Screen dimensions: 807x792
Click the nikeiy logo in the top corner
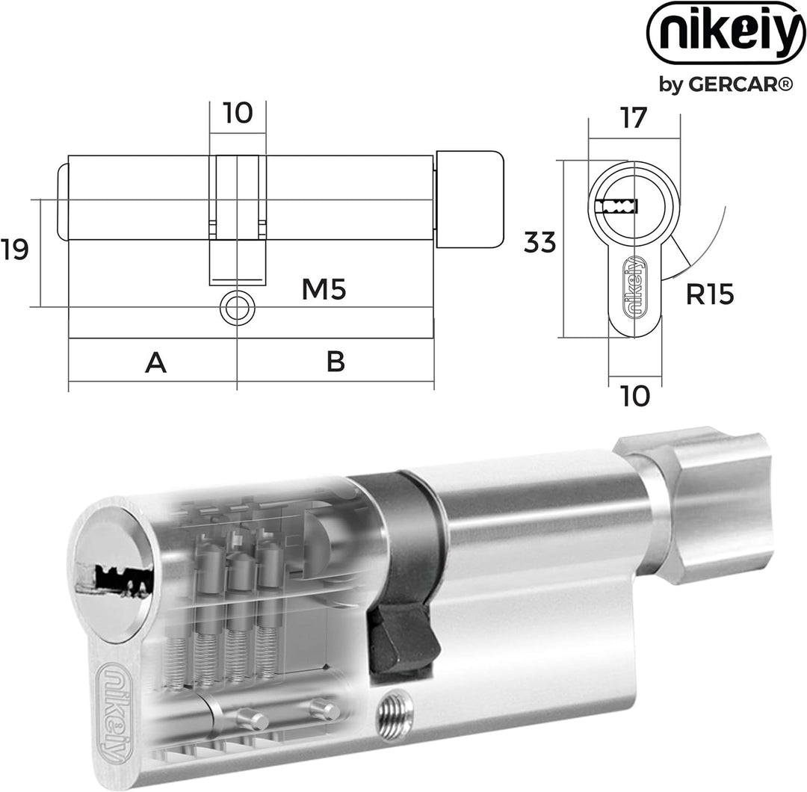[726, 32]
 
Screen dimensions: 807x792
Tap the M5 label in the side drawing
[324, 289]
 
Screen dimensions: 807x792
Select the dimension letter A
[156, 363]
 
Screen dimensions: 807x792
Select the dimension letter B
[336, 362]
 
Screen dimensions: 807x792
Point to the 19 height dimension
[14, 250]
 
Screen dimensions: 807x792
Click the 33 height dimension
[540, 242]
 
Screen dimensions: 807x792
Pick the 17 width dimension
[633, 118]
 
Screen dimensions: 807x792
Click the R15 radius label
[710, 294]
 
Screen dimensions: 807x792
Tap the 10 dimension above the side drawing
[238, 113]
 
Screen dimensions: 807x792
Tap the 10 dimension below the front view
[635, 396]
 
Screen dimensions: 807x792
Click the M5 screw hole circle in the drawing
[238, 308]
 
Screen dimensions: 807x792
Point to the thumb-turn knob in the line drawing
[469, 200]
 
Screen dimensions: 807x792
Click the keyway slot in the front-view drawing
[616, 206]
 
